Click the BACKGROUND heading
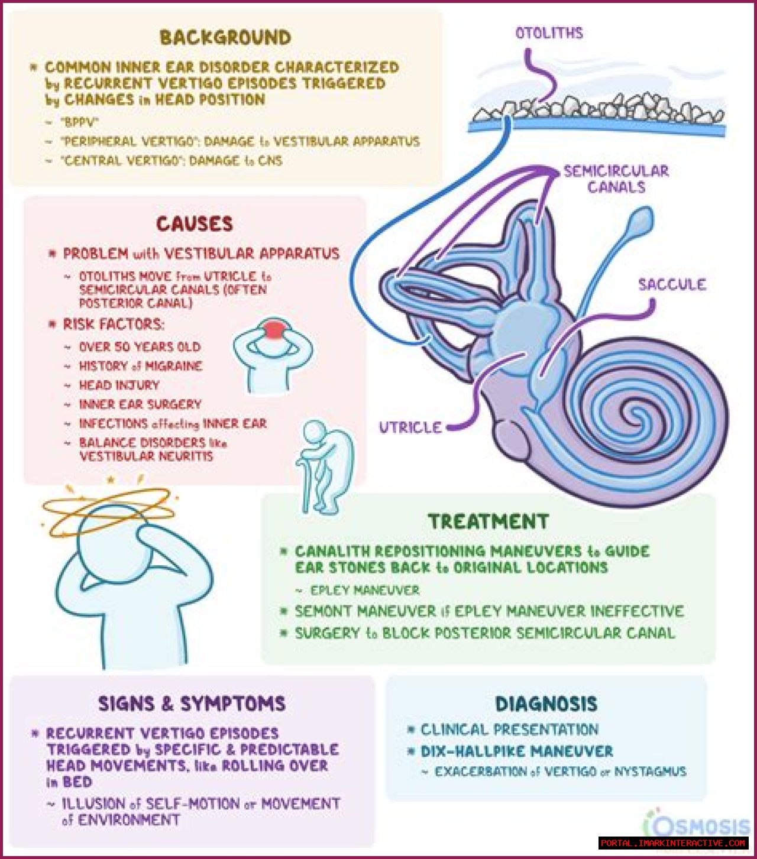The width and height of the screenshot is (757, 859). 225,37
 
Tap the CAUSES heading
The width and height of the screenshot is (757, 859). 195,223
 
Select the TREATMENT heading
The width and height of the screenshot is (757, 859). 489,521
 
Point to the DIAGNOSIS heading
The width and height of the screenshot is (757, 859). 546,704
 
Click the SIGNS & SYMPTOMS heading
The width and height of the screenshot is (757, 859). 192,704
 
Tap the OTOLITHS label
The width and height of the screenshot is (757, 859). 549,33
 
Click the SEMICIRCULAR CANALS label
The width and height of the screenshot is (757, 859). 616,179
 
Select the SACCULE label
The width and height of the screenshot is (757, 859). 672,285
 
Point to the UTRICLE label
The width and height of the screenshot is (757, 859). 410,427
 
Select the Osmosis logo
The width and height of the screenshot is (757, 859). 698,825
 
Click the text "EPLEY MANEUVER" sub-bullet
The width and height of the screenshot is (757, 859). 365,590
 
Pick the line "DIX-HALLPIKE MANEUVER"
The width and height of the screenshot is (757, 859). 516,751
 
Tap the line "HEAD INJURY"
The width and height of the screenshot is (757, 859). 119,385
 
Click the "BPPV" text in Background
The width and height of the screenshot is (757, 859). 79,122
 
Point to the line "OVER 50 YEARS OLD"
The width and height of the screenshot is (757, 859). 140,347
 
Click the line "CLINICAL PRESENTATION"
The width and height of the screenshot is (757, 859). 509,730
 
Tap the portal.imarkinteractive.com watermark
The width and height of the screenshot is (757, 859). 673,843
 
